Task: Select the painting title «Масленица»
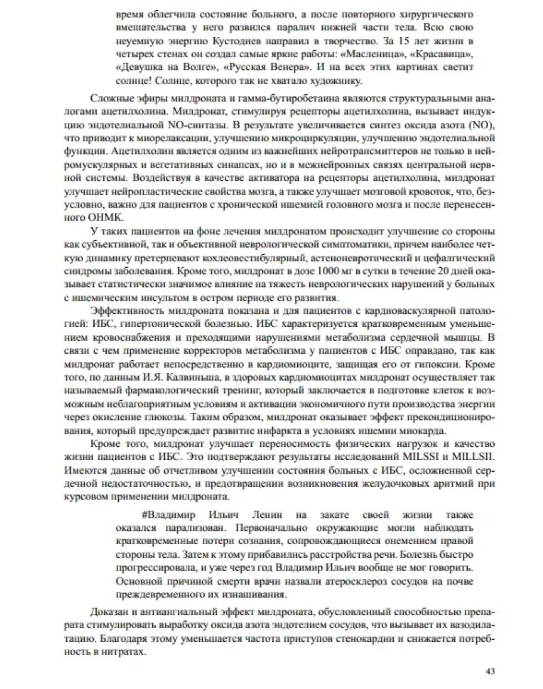[381, 55]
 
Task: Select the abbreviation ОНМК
[106, 218]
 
